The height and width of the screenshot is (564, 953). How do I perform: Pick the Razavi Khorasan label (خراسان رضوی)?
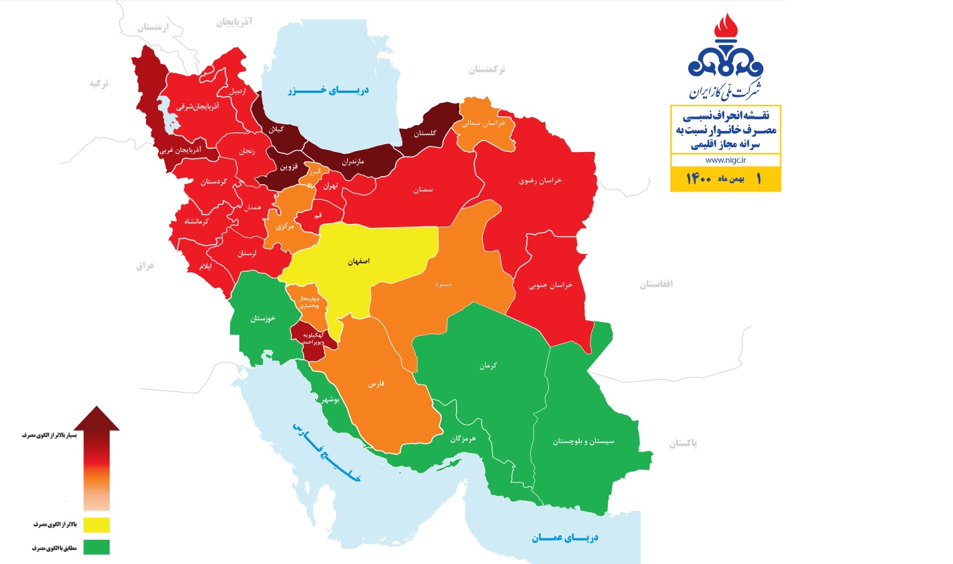539,181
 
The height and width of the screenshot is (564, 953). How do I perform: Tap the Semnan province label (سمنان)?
423,190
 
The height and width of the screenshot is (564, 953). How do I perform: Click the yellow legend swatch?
96,524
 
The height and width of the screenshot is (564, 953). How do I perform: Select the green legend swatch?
96,548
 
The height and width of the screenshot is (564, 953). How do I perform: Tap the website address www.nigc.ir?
724,161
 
